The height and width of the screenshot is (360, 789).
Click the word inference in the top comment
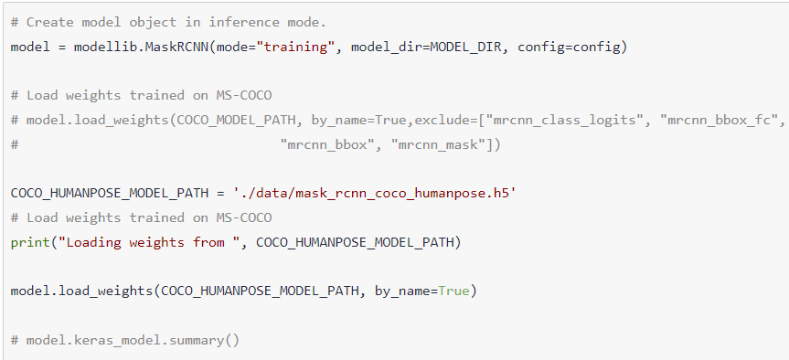[240, 23]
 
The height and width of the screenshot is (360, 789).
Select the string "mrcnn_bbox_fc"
[716, 121]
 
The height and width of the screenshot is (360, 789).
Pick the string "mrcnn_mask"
[438, 145]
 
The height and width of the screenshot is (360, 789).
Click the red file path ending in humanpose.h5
[375, 194]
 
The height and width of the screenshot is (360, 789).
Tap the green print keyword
[30, 243]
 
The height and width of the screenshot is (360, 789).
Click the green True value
[453, 291]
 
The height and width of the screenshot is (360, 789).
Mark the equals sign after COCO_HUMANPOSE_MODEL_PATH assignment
[220, 194]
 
